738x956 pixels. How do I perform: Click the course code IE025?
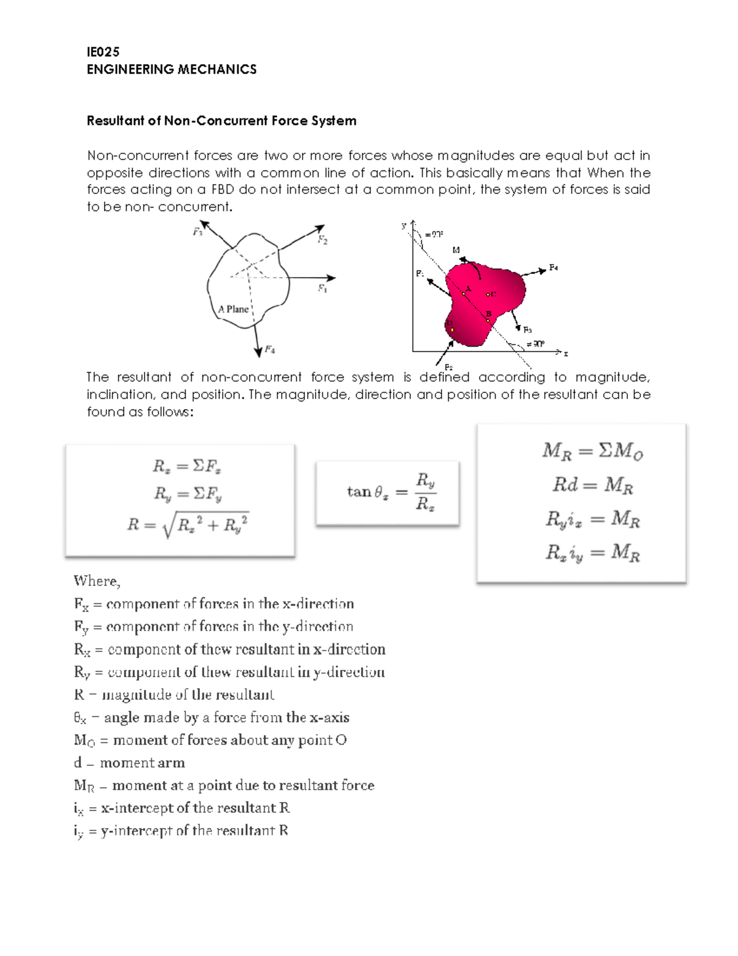point(103,52)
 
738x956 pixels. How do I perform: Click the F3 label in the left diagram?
point(197,232)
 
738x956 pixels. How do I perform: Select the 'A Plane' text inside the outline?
point(233,309)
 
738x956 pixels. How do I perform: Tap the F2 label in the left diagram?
point(322,240)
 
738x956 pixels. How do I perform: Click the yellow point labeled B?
point(488,321)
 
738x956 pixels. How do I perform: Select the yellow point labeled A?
point(464,294)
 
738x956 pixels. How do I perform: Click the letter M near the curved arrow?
point(456,250)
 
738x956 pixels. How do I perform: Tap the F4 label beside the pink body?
point(553,268)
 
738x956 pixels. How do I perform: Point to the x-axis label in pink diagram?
point(566,353)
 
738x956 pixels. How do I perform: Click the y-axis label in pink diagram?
point(404,226)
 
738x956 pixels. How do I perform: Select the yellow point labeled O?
point(452,330)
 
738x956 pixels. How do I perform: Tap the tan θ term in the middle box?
point(367,491)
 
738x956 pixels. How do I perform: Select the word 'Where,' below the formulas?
point(97,581)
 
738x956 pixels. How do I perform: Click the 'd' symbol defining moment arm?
point(77,763)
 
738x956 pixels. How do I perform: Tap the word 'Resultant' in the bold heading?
point(115,121)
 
